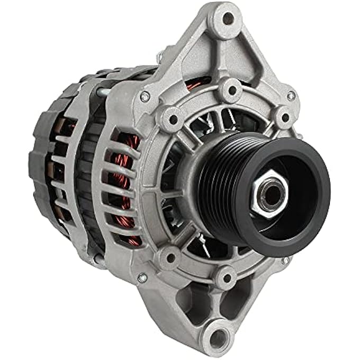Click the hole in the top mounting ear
[228, 20]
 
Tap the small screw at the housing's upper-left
[144, 96]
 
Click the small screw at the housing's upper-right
[291, 96]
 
